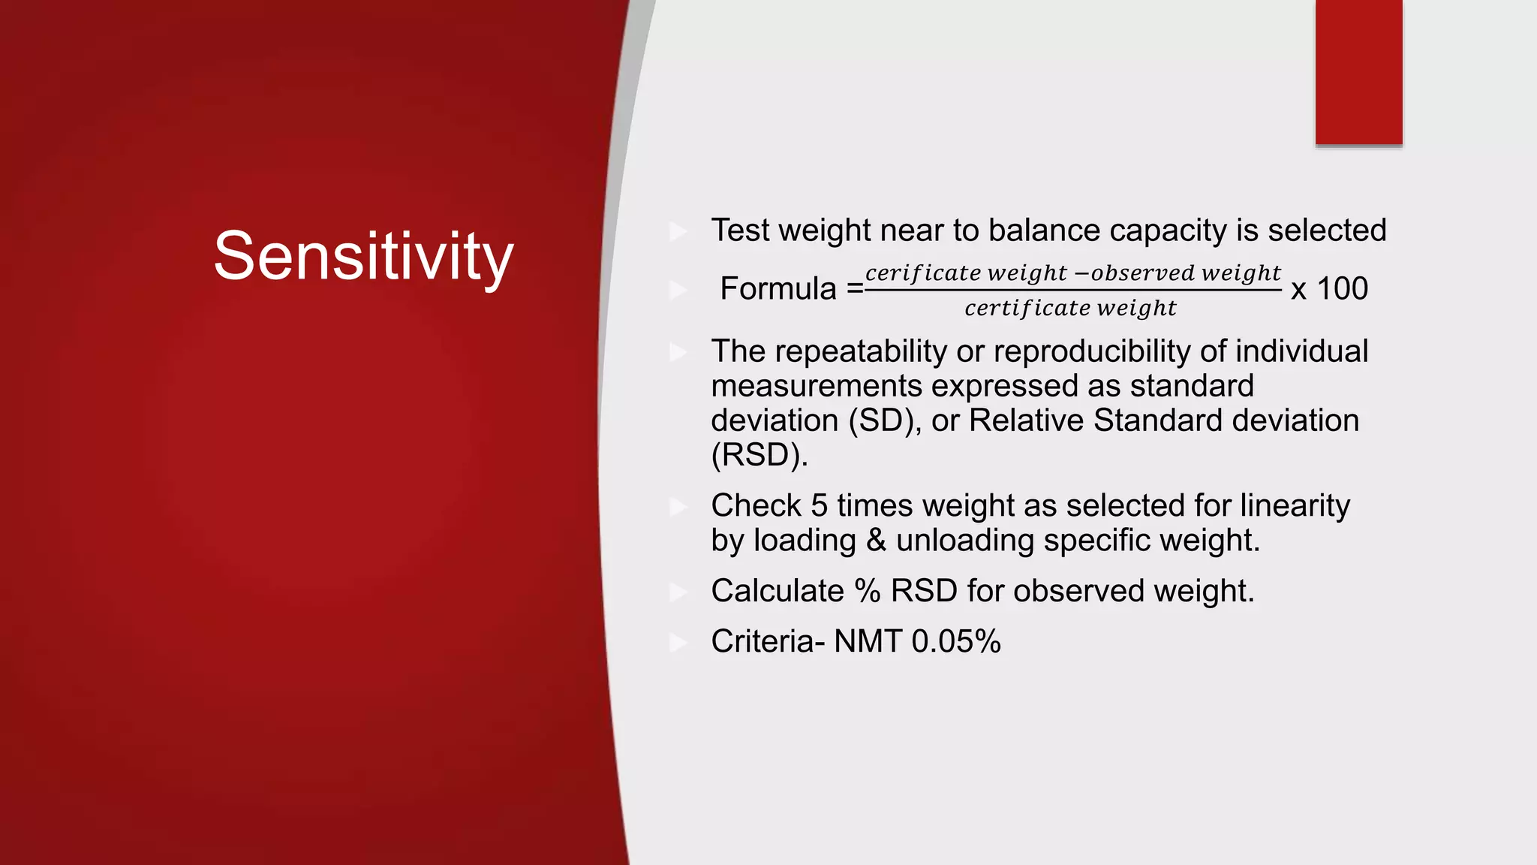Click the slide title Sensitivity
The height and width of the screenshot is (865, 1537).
pos(363,257)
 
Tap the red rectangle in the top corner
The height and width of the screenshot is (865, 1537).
pos(1358,72)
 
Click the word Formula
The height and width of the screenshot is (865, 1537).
pos(778,289)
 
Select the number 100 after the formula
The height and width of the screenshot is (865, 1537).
pos(1342,289)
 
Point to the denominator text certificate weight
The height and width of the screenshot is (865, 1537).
pos(1070,308)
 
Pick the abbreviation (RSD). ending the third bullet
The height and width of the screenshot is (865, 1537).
pos(759,455)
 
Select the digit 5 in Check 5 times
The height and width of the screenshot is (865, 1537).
pos(819,505)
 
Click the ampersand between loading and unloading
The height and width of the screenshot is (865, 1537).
pos(876,541)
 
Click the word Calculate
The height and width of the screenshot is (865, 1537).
pos(777,591)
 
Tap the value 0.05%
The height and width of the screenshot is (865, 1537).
pos(955,642)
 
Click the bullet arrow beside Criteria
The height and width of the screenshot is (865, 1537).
pos(678,643)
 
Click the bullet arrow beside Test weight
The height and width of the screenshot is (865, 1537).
pos(678,231)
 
